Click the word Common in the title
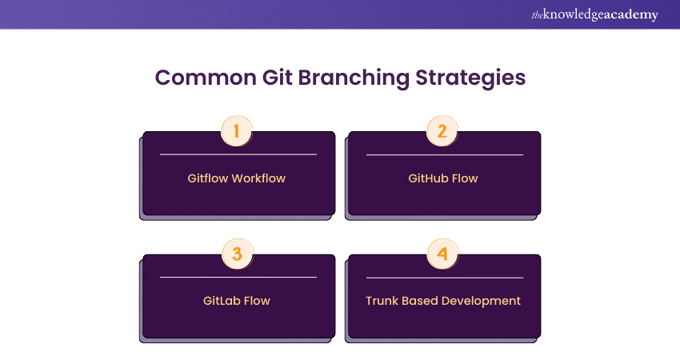[x=206, y=78]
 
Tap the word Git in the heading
[x=277, y=78]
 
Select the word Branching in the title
[x=354, y=78]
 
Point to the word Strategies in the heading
[x=470, y=78]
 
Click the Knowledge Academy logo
[x=594, y=14]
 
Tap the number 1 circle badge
[x=236, y=131]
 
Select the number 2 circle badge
[x=442, y=131]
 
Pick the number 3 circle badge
[x=237, y=254]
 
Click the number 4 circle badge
[x=442, y=254]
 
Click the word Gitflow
[x=208, y=178]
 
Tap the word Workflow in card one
[x=258, y=178]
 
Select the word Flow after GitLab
[x=256, y=301]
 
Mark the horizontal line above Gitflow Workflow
[x=238, y=154]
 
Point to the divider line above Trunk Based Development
[x=445, y=278]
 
